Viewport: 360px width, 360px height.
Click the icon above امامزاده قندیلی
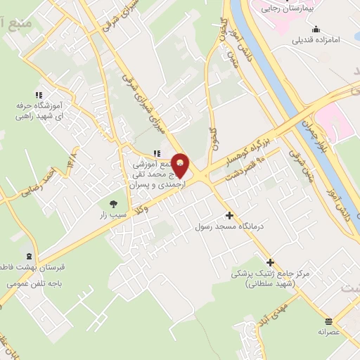tap(316, 30)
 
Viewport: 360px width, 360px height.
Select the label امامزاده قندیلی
tap(316, 40)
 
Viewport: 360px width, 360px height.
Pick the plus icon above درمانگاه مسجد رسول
tap(229, 215)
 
